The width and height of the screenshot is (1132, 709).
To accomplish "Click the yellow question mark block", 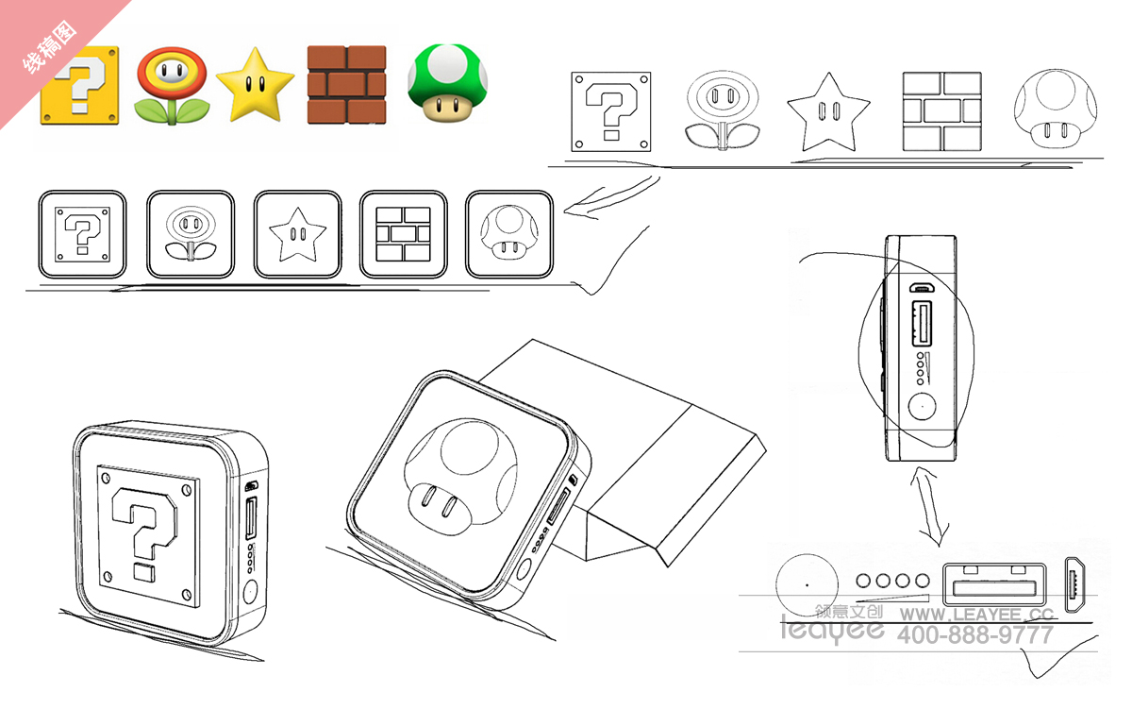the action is coord(80,86).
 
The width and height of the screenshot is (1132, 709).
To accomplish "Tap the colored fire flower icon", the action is coord(172,86).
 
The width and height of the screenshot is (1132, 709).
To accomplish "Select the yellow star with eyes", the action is coord(255,85).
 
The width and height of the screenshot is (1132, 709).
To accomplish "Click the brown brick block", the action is coord(347,84).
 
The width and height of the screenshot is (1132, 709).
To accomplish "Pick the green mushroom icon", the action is coord(447,83).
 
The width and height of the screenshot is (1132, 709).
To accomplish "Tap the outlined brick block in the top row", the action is coord(942,111).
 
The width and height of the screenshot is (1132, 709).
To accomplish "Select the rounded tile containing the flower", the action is coord(191,234).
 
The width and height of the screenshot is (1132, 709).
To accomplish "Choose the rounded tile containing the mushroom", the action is coord(508,234).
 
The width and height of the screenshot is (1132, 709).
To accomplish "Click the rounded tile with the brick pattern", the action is coord(404,234).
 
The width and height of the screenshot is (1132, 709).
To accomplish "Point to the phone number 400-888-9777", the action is coord(975,634).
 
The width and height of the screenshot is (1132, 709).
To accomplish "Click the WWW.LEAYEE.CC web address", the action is coord(976,614).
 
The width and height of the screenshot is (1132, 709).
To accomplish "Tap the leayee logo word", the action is coord(832,630).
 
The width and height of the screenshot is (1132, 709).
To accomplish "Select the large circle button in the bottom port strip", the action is coord(807,585).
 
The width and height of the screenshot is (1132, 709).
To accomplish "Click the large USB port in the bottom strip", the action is coord(994,584).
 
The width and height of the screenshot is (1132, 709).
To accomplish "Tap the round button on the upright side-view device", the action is coord(922,406).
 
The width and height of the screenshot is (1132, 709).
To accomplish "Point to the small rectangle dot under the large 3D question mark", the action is coord(144,572).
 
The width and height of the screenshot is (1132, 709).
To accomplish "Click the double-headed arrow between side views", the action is coord(929,506).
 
